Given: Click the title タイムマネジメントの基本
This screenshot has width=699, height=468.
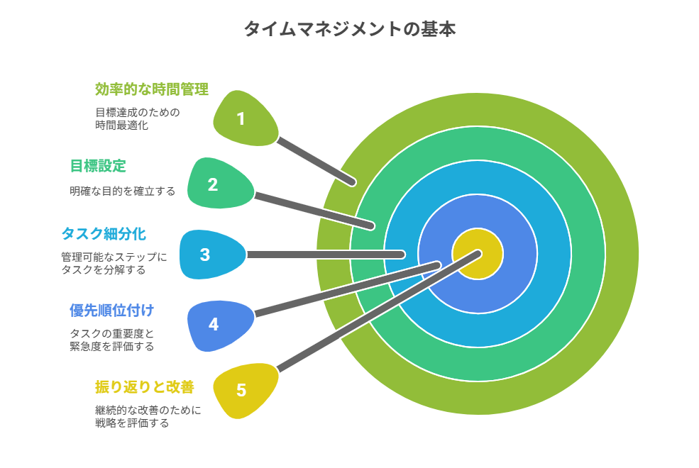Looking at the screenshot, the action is (x=349, y=29).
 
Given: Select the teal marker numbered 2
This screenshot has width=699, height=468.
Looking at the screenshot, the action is (x=220, y=183).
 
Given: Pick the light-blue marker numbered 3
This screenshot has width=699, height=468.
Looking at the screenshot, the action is (x=212, y=255).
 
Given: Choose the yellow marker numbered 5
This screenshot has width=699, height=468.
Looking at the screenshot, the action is (x=244, y=391).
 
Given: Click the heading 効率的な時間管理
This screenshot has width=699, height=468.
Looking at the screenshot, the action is (x=152, y=89).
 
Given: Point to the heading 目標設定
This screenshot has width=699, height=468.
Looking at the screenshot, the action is (x=98, y=166).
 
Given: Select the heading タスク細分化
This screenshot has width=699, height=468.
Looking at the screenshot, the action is (x=104, y=234).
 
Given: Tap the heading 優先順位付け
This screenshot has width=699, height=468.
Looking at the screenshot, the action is (x=112, y=311).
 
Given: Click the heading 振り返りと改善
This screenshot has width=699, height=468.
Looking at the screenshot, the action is (x=145, y=387).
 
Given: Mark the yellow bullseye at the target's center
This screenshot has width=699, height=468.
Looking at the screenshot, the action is (x=478, y=255).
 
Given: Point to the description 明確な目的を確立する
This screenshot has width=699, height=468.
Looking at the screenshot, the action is (x=123, y=191).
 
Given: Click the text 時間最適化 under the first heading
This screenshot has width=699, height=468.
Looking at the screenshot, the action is (x=121, y=125).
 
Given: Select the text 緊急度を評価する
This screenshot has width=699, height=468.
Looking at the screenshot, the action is (x=112, y=347).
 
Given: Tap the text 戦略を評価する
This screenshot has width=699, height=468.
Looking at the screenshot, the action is (x=132, y=423).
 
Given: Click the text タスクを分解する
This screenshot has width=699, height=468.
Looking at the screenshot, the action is (x=104, y=270).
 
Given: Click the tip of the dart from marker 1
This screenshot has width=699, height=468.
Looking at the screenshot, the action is (x=353, y=182).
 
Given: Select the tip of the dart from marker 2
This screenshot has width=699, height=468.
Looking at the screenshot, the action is (x=371, y=226).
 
